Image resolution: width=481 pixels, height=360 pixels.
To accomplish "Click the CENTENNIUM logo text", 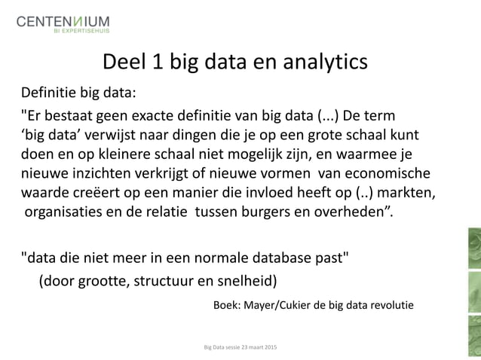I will pyautogui.click(x=63, y=20).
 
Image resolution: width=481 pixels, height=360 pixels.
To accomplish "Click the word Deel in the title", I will pyautogui.click(x=125, y=59).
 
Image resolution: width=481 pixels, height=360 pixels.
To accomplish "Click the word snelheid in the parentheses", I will pyautogui.click(x=247, y=282).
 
